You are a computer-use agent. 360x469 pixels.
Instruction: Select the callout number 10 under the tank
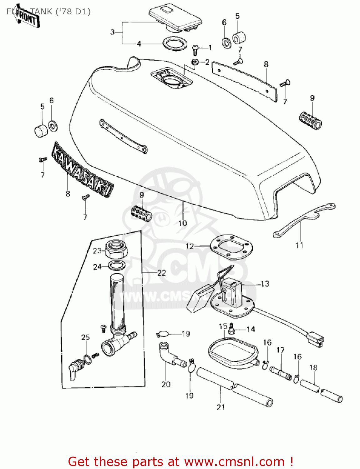tap(182, 223)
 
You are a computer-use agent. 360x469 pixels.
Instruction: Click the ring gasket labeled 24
tap(117, 265)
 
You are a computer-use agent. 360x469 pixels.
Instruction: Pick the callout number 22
tap(161, 273)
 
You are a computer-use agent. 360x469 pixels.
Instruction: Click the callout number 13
tap(265, 284)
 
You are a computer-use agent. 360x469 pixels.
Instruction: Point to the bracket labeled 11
tap(303, 219)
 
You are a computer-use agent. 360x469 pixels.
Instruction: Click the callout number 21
tap(221, 407)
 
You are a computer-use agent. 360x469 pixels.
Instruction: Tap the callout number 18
tap(313, 368)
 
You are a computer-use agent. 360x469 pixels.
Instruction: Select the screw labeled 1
tap(195, 48)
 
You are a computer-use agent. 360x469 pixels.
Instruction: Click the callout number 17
tap(281, 350)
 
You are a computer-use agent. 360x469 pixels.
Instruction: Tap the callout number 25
tap(85, 337)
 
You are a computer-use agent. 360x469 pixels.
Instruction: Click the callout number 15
tap(223, 326)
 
